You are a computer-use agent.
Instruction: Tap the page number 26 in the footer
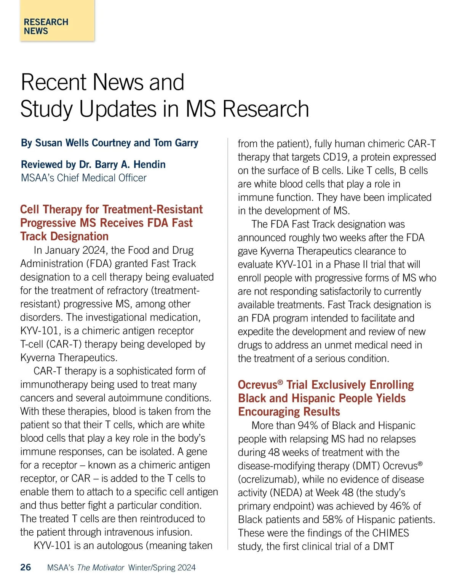(26, 567)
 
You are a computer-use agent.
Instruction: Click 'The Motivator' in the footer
(101, 568)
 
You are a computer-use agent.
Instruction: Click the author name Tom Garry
(176, 143)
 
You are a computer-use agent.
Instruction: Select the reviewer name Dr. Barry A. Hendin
(122, 165)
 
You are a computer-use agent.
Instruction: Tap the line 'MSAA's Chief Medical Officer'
(84, 178)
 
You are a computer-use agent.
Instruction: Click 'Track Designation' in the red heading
(64, 237)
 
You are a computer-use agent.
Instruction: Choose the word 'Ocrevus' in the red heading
(258, 385)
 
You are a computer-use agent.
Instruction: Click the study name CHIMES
(390, 533)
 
